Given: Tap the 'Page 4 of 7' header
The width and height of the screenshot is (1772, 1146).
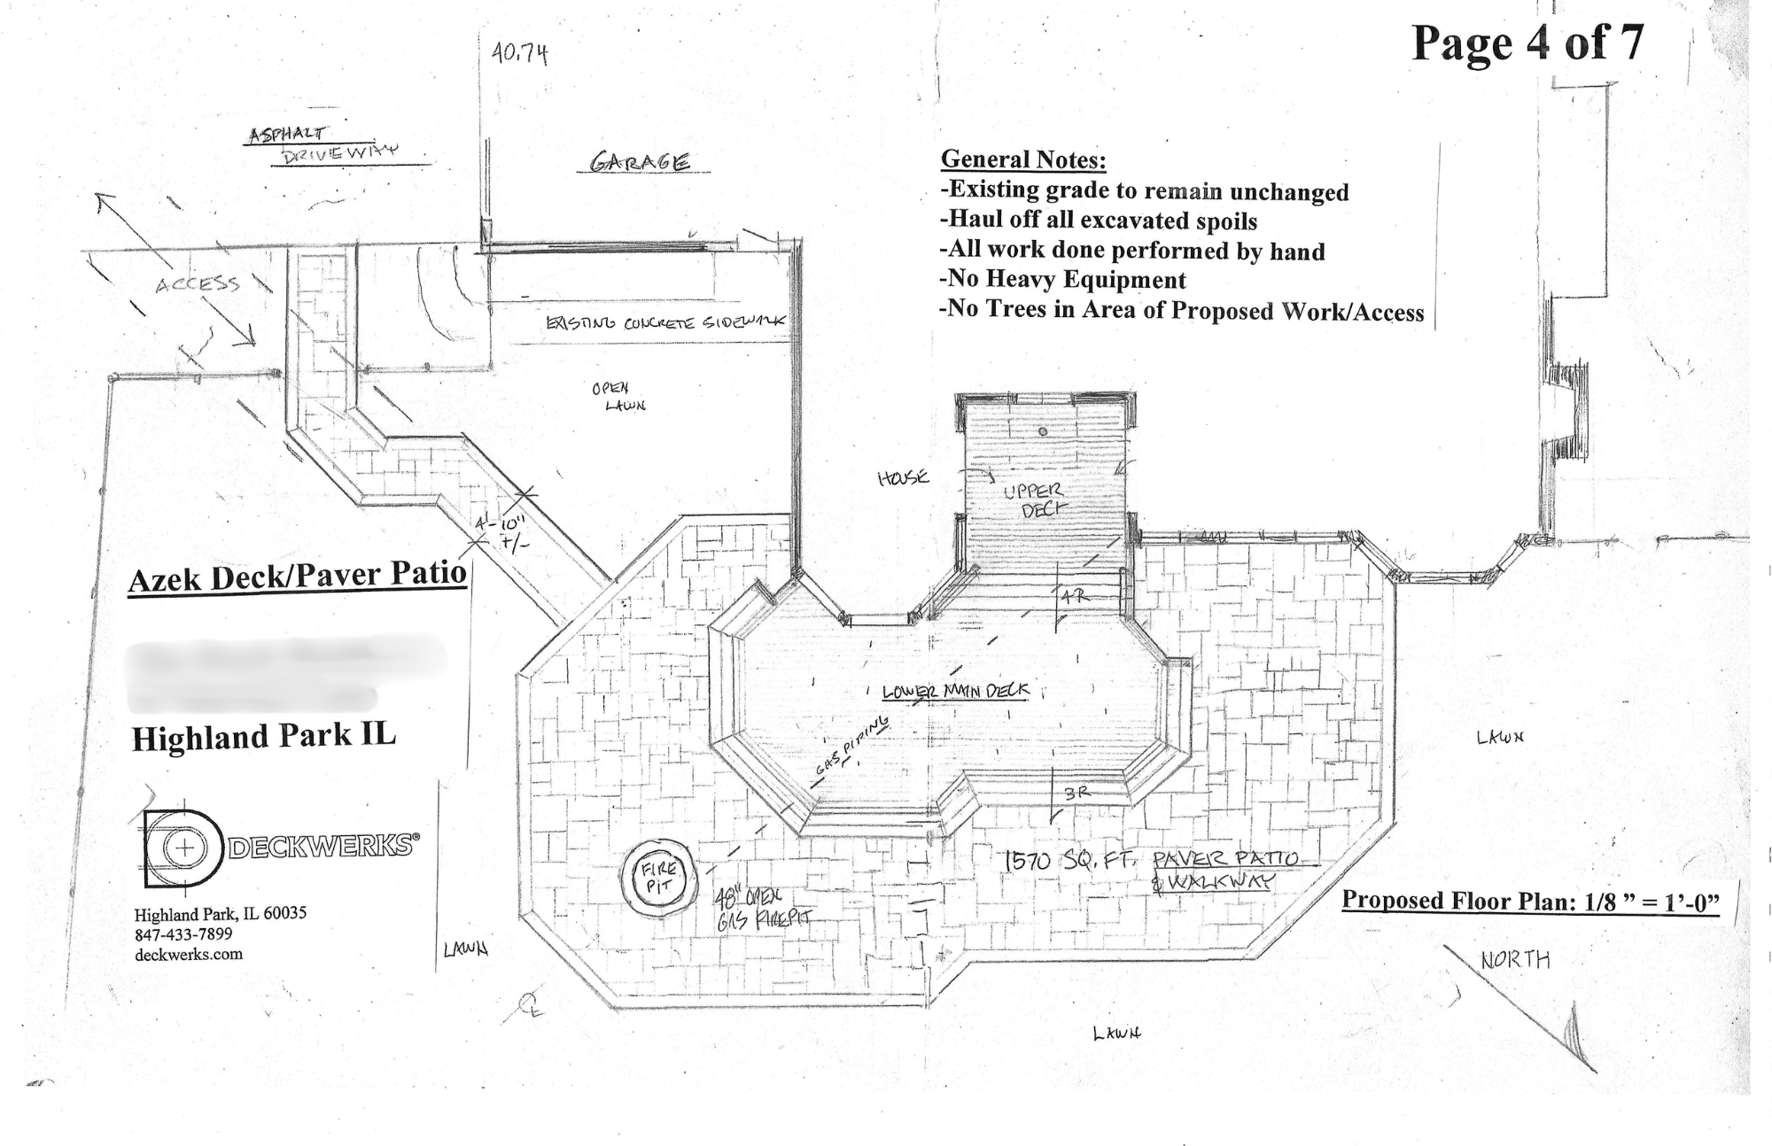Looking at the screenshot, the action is [x=1527, y=42].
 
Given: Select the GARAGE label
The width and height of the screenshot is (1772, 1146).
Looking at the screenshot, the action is [x=640, y=162].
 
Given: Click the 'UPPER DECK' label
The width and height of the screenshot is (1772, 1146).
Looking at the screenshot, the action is [x=1033, y=499].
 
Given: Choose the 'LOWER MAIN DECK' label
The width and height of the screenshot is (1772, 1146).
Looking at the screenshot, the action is [x=955, y=691].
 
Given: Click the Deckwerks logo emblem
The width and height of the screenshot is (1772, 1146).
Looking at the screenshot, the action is [x=182, y=848].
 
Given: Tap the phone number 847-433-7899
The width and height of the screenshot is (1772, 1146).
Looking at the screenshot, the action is [x=183, y=934].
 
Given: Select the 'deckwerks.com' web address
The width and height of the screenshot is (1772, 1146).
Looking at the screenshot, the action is [x=189, y=954].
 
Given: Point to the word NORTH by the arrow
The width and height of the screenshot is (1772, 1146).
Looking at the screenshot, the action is [x=1515, y=960].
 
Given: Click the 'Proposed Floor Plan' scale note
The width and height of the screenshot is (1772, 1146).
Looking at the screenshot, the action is [x=1530, y=902].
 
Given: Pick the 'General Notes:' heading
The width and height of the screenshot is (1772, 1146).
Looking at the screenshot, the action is [x=1023, y=159].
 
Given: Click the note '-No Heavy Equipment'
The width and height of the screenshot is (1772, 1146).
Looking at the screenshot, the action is [x=1062, y=280].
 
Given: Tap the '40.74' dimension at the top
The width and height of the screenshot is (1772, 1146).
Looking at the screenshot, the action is [x=520, y=54].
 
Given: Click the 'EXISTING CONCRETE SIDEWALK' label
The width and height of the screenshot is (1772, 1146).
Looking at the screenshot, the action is [x=665, y=322].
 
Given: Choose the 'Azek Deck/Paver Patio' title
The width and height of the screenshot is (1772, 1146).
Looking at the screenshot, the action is [x=297, y=577].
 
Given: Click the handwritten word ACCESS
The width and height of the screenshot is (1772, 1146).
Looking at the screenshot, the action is [x=197, y=284].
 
